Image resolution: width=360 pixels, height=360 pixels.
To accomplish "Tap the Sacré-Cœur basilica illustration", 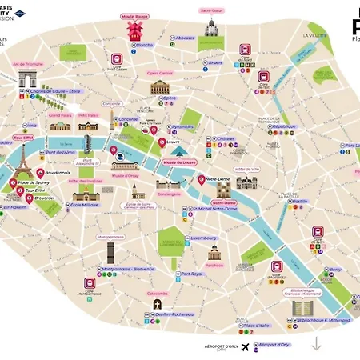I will (210, 29).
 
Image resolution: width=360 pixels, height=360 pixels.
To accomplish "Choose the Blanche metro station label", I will (144, 45).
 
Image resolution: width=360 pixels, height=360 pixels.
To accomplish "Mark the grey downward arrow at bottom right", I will (317, 344).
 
